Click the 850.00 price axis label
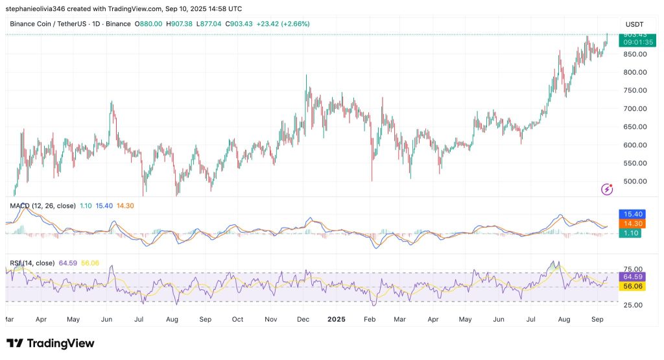pos(633,54)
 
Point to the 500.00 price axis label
pos(633,181)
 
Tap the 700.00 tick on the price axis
pos(633,108)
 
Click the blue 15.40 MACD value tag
pos(628,213)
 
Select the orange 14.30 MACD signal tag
pos(628,223)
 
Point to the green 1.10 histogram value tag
pos(628,233)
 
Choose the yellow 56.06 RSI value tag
pos(628,286)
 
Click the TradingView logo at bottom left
pos(51,343)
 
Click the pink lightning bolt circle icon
pos(607,189)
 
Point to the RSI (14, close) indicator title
pos(32,263)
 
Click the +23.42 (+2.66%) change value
pos(283,24)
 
